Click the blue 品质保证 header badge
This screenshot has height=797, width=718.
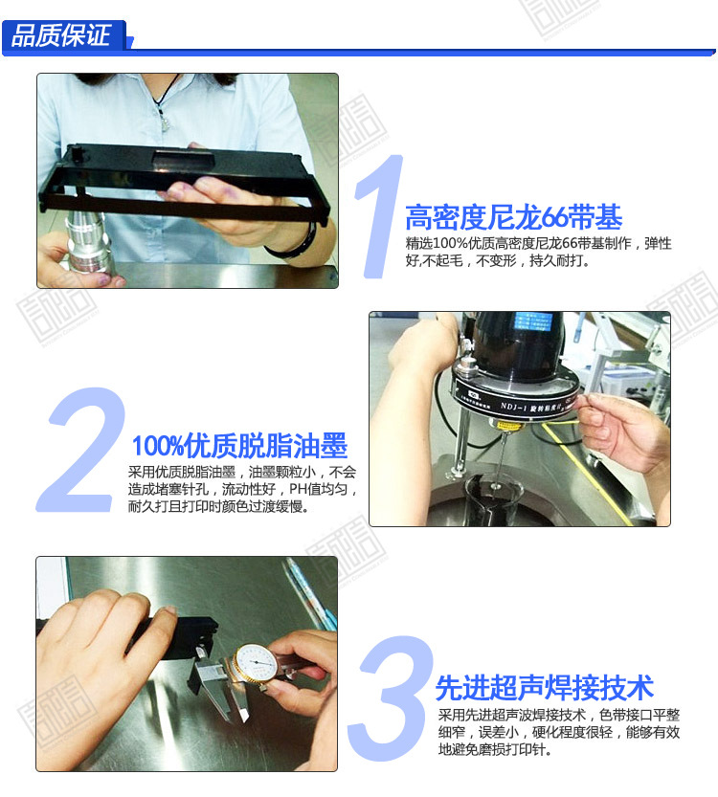[x=63, y=35]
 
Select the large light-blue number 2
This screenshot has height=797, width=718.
[x=81, y=450]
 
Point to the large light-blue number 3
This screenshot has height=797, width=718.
[x=391, y=697]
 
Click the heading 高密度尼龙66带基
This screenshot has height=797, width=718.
[x=513, y=217]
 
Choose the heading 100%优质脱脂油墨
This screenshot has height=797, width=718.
[x=239, y=446]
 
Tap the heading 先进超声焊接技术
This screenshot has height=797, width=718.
[x=545, y=688]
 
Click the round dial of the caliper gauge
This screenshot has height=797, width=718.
[x=256, y=663]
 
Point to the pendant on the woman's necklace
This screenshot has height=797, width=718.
[x=164, y=120]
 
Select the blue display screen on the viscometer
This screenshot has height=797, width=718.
[x=532, y=322]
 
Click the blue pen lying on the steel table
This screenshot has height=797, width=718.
[x=308, y=591]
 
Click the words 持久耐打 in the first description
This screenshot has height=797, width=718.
[x=558, y=261]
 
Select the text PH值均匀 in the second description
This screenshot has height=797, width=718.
[x=319, y=490]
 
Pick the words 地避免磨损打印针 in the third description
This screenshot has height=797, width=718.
[x=492, y=750]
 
